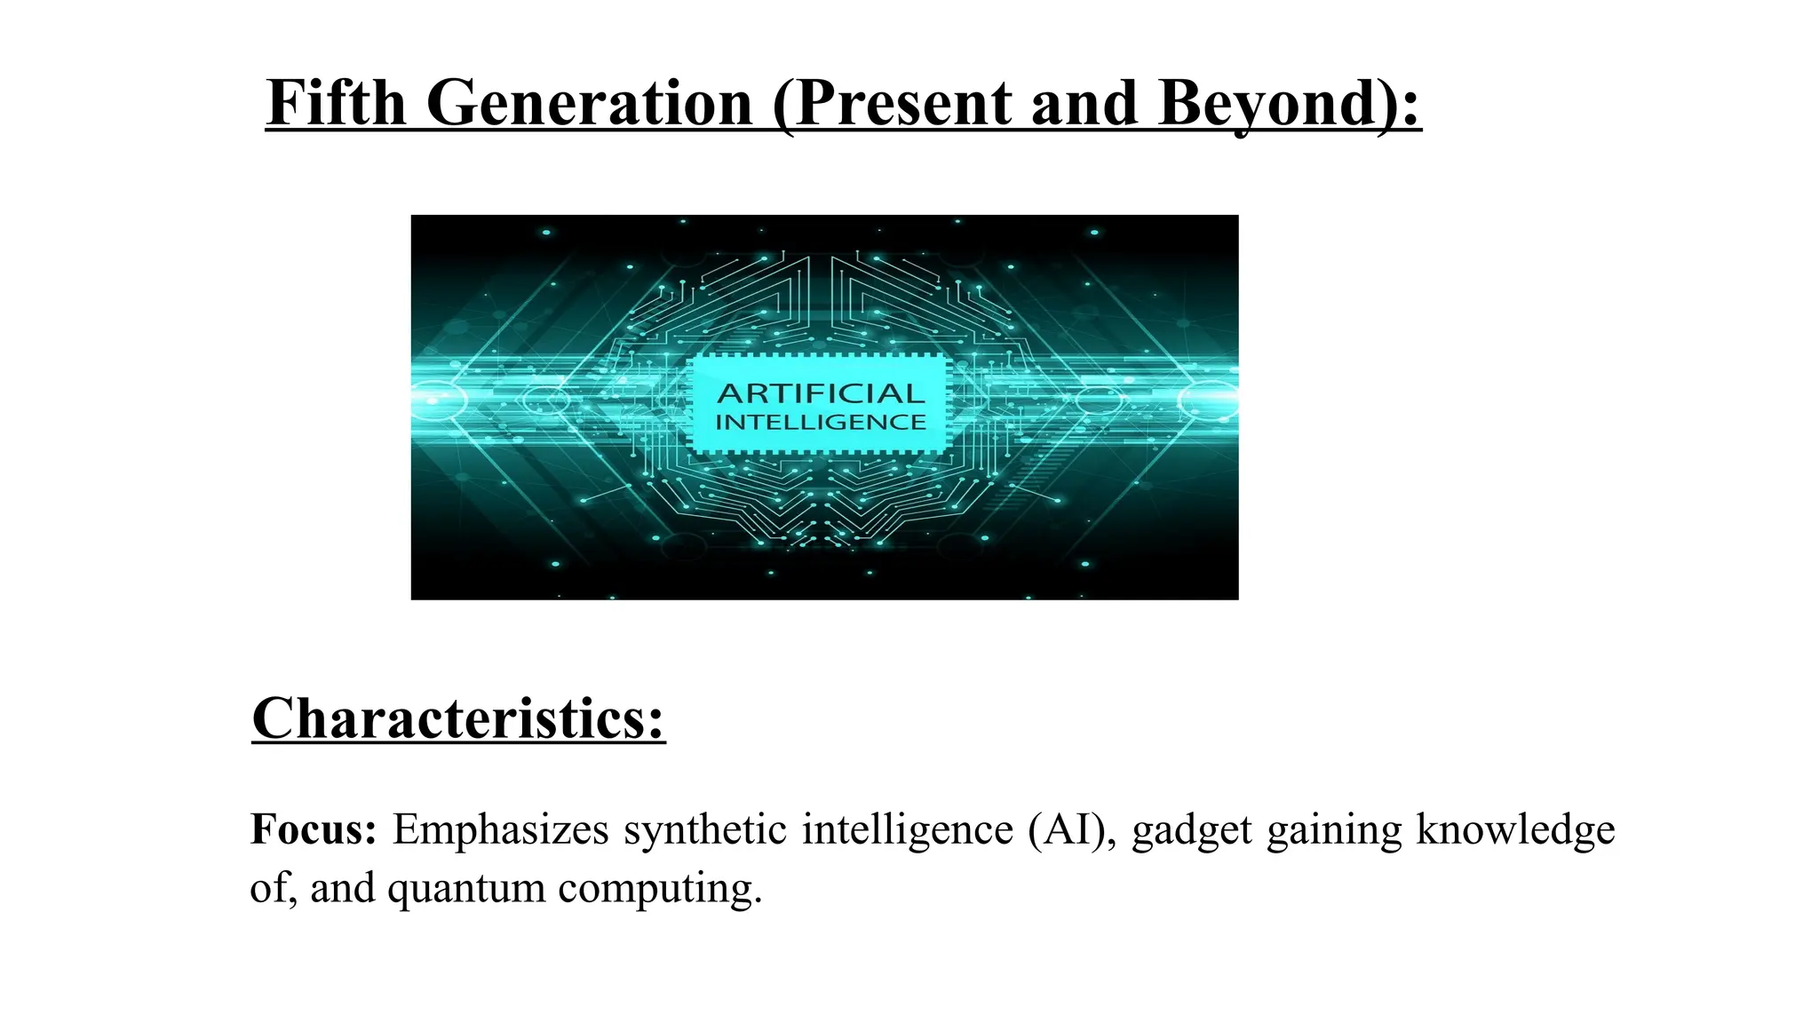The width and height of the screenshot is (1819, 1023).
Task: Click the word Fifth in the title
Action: pyautogui.click(x=336, y=103)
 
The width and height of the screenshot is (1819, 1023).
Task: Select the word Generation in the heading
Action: pyautogui.click(x=589, y=103)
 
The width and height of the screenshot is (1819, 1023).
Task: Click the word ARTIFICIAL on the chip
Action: pyautogui.click(x=821, y=393)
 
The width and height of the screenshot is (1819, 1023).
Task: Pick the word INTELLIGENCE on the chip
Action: pyautogui.click(x=821, y=423)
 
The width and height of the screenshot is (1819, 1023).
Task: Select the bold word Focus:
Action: pyautogui.click(x=314, y=829)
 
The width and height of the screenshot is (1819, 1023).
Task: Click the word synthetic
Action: pyautogui.click(x=705, y=829)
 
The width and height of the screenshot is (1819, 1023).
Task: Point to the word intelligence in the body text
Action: pyautogui.click(x=907, y=829)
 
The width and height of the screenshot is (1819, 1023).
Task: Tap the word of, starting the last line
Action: pyautogui.click(x=272, y=887)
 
